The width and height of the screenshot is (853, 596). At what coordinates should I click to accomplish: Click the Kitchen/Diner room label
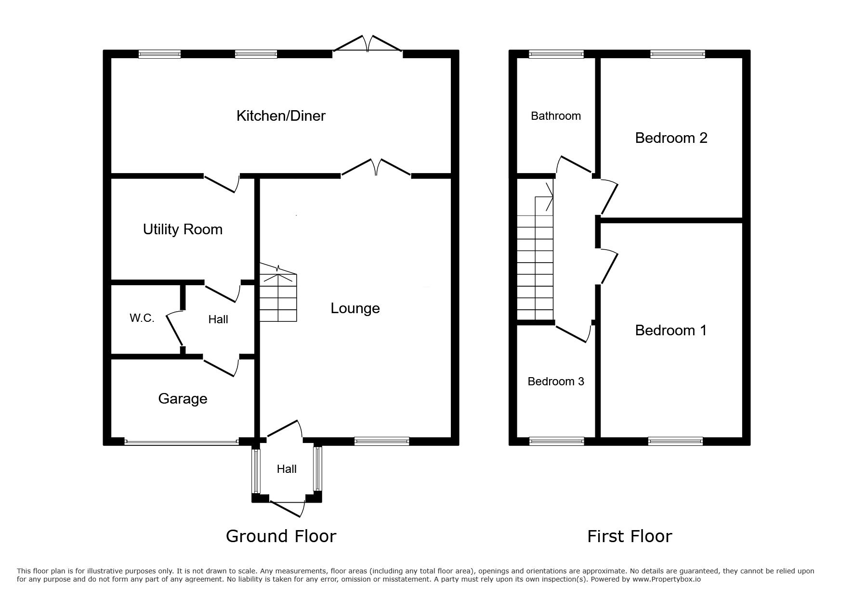[281, 116]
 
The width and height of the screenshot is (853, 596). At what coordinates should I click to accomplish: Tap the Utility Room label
[183, 229]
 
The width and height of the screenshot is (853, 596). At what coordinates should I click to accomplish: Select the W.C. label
[142, 318]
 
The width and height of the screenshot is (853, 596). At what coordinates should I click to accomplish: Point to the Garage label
[183, 399]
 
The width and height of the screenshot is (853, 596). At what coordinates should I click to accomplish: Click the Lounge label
[355, 308]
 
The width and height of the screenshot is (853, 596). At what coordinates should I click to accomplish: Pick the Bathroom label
[556, 116]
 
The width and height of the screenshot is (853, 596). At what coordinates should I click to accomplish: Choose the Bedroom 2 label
[671, 138]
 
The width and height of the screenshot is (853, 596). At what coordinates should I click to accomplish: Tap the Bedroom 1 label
[670, 330]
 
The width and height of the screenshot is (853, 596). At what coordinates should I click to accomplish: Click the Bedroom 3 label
[556, 381]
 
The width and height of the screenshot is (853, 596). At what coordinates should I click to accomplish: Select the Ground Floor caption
[281, 536]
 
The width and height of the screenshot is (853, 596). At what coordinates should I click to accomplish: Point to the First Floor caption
[630, 536]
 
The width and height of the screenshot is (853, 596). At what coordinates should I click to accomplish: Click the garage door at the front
[182, 441]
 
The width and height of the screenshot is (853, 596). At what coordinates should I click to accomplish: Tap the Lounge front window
[381, 441]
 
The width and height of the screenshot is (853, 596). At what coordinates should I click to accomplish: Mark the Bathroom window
[556, 54]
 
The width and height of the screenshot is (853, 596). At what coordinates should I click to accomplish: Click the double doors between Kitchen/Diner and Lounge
[376, 169]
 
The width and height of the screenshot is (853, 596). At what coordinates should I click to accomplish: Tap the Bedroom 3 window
[556, 441]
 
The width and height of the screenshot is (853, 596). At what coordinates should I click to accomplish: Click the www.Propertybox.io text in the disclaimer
[667, 579]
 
